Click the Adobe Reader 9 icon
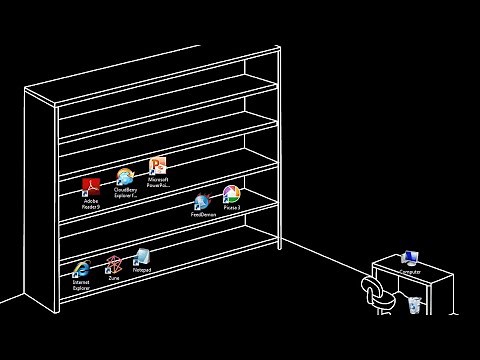point(91,187)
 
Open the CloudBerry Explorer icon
point(126,177)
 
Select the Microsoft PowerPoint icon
point(158,166)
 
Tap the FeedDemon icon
point(202,202)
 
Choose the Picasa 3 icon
point(231,193)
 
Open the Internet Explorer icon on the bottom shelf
point(81,269)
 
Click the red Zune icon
point(113,265)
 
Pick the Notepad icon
point(142,257)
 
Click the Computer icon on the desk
point(409,260)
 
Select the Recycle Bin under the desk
point(415,303)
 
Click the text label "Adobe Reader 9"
point(91,204)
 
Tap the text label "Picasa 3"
point(231,207)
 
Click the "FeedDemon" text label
point(203,215)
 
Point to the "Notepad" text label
point(142,270)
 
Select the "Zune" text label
point(113,278)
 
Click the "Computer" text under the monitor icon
point(409,272)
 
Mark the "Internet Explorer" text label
point(81,284)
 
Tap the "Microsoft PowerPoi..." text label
point(158,182)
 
